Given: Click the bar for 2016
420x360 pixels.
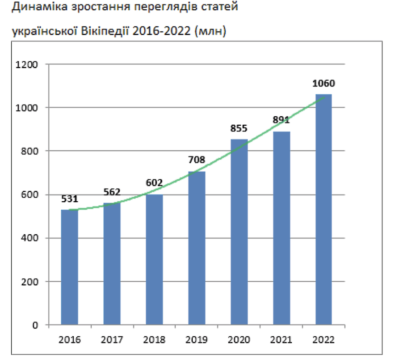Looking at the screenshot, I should point(70,267).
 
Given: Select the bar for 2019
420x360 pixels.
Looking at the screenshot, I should point(197,248).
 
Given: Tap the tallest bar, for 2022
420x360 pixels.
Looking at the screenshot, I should point(323,209).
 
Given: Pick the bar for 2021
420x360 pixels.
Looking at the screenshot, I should point(281,228).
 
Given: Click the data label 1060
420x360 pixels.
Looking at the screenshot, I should point(324,84).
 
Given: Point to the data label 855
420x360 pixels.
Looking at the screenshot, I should point(239,128).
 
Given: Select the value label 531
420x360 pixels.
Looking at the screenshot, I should point(70,199).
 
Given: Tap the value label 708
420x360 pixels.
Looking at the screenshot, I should point(197,160).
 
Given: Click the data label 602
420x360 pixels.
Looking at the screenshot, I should point(154,183).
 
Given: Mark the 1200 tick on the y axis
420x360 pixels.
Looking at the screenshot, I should point(29,64).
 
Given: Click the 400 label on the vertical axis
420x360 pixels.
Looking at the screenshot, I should point(31,238).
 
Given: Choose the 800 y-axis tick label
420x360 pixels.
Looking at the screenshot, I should point(31,151).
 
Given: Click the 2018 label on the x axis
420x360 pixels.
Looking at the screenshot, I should point(155,339).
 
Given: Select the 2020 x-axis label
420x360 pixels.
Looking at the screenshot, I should point(239,339).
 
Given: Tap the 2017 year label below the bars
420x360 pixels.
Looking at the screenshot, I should point(112,339).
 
